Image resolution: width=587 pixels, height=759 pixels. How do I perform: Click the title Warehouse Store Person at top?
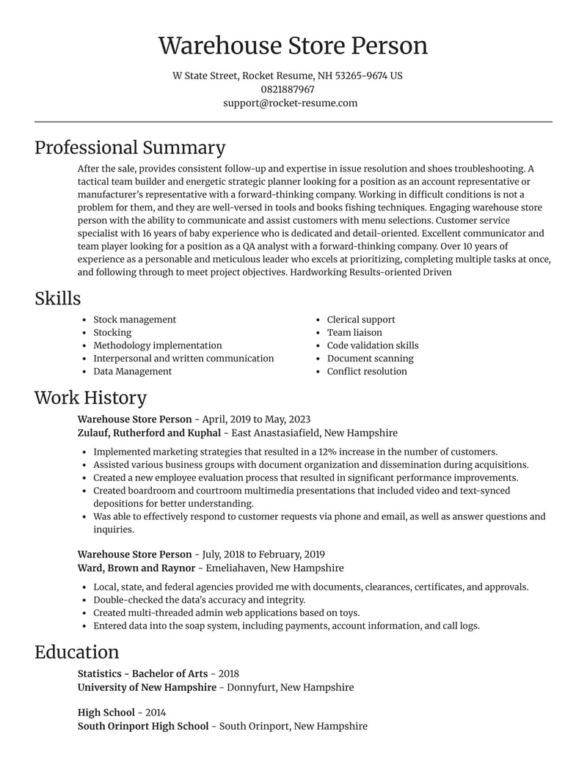(x=293, y=45)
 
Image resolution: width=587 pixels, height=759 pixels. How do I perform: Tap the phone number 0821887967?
(x=288, y=89)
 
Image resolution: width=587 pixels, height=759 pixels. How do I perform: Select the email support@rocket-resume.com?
(x=291, y=103)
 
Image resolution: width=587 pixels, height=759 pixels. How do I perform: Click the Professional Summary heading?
(x=130, y=147)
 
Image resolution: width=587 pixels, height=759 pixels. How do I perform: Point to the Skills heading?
(x=58, y=298)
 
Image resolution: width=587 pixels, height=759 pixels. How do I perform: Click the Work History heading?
(x=90, y=397)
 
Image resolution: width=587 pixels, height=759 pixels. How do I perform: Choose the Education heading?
(x=76, y=652)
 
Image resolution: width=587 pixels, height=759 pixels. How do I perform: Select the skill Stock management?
(x=134, y=320)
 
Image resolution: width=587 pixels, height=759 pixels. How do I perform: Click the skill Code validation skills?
(x=373, y=345)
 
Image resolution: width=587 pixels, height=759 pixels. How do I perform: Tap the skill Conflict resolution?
(x=367, y=371)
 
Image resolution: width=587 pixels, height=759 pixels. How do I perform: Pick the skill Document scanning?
(x=370, y=359)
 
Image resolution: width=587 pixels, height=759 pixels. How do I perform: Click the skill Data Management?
(x=132, y=371)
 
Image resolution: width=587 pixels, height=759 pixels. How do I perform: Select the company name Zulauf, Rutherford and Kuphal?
(x=149, y=433)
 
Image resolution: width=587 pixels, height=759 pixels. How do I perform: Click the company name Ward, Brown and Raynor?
(x=136, y=568)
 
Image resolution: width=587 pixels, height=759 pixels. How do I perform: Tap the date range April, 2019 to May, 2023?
(x=256, y=419)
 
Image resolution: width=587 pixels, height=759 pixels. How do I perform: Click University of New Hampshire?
(x=147, y=687)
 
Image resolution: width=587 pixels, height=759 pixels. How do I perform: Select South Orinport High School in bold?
(x=143, y=726)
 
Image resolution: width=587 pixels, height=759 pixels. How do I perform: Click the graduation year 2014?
(x=156, y=712)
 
